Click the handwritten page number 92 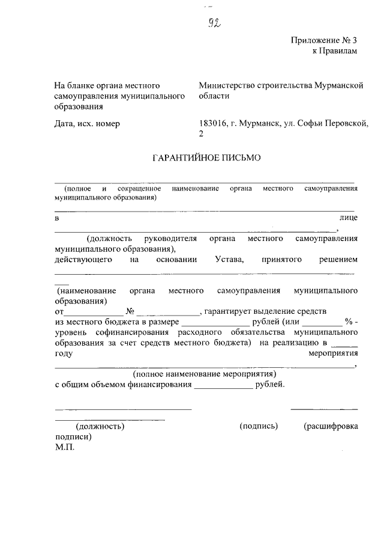coord(211,23)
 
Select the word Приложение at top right coord(311,41)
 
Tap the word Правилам coord(341,51)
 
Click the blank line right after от coord(88,313)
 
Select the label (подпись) coord(259,426)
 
